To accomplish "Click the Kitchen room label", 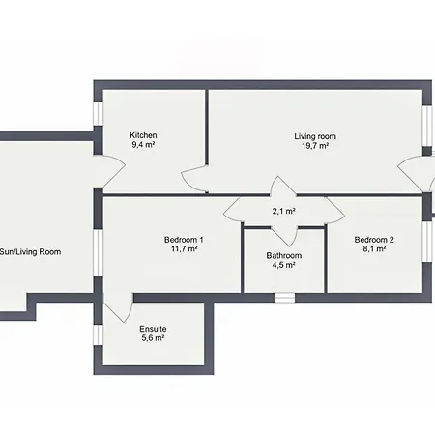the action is (143, 135).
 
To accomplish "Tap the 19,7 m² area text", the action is (315, 146).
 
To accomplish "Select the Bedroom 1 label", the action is (184, 240).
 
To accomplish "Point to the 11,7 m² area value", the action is (184, 249).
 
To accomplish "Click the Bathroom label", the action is (284, 256).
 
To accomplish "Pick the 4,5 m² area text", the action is (284, 265).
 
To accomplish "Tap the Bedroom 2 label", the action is (374, 240).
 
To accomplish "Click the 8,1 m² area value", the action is (374, 249).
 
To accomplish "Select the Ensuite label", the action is (153, 329).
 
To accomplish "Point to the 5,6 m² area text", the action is (153, 338).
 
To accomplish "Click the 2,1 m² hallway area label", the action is (284, 212).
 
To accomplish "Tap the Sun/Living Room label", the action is (30, 252).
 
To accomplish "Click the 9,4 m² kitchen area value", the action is (143, 145).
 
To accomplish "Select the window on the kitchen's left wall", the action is (98, 114).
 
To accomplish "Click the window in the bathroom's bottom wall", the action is (284, 298).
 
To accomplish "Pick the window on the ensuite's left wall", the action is (98, 335).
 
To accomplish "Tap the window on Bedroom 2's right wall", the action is (427, 242).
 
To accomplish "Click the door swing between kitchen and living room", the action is (194, 179).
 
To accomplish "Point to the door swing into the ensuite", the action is (118, 307).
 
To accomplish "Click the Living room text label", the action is (315, 136).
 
